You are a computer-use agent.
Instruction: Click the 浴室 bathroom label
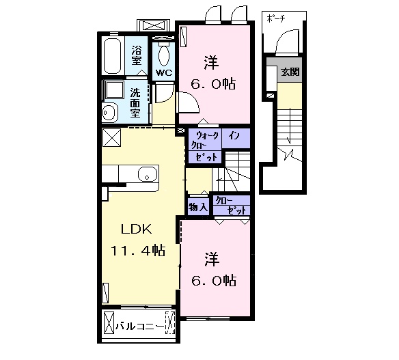(x=136, y=55)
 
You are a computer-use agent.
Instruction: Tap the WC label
(x=164, y=73)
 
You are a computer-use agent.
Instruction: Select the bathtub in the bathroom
(x=112, y=56)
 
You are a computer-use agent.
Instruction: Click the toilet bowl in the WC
(x=164, y=56)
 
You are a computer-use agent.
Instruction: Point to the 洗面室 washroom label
(x=135, y=102)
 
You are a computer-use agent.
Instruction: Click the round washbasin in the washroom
(x=110, y=112)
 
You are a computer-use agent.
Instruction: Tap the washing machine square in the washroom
(x=115, y=90)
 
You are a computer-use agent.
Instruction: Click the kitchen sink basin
(x=148, y=174)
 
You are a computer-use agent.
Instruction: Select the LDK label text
(x=137, y=230)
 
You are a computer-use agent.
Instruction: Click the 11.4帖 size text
(x=137, y=250)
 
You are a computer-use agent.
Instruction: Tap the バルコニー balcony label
(x=139, y=326)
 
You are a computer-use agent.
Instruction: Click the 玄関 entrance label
(x=290, y=72)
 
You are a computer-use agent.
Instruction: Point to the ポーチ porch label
(x=276, y=18)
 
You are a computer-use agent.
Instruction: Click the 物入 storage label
(x=198, y=208)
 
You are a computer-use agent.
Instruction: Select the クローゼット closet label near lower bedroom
(x=232, y=206)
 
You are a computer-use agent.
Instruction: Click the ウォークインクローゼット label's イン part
(x=234, y=137)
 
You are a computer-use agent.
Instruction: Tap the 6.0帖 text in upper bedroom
(x=213, y=84)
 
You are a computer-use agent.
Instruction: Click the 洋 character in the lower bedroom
(x=212, y=260)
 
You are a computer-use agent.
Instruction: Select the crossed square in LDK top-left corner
(x=112, y=137)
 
